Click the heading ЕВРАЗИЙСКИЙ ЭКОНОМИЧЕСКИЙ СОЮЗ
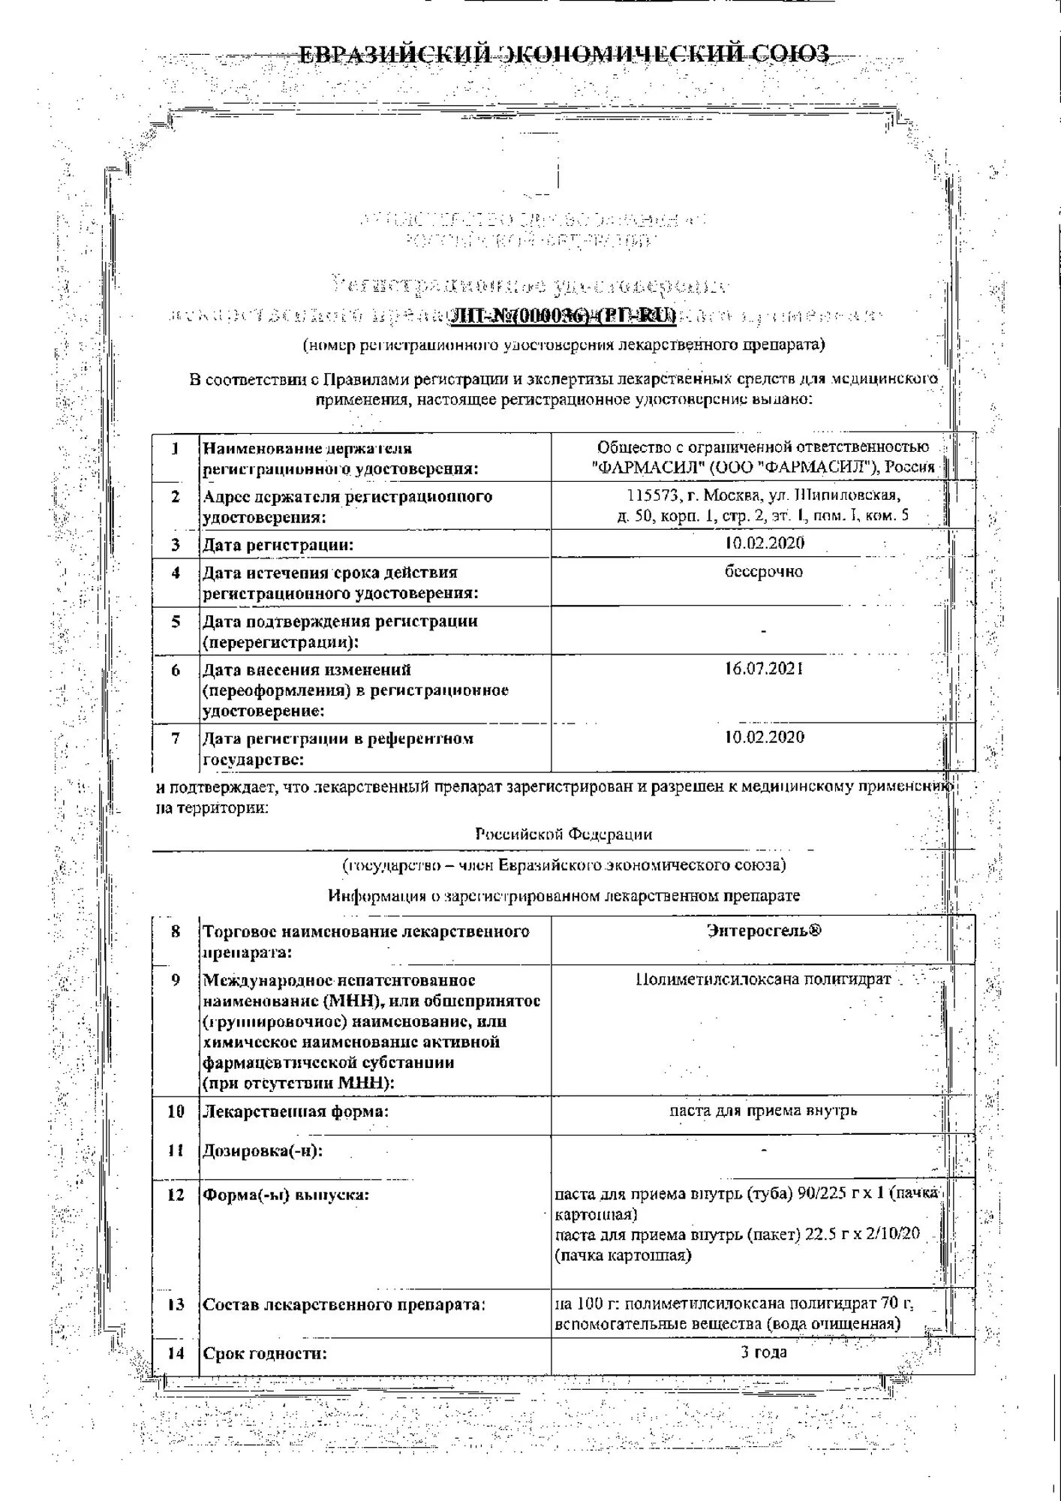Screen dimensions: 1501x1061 click(x=564, y=55)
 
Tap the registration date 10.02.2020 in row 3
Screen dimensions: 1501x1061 click(x=764, y=543)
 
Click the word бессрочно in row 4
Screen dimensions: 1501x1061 click(x=764, y=572)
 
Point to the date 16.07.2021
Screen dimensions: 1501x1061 click(x=764, y=669)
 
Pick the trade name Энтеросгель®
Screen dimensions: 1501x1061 click(x=764, y=931)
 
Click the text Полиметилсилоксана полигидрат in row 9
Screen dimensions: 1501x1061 click(x=763, y=979)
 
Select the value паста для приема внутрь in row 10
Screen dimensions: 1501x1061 click(x=763, y=1110)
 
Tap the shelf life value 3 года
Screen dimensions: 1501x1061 click(x=763, y=1352)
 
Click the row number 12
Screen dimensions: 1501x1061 click(x=176, y=1195)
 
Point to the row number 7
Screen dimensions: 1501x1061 click(x=176, y=738)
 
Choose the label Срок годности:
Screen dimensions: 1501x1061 click(x=265, y=1354)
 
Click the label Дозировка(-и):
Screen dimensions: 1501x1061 click(x=263, y=1151)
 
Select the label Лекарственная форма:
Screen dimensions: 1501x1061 click(x=296, y=1111)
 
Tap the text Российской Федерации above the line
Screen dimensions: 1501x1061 click(x=564, y=834)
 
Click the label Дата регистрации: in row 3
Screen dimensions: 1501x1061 click(x=278, y=545)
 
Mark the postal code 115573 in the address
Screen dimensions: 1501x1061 click(x=652, y=495)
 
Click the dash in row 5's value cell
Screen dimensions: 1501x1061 click(x=763, y=631)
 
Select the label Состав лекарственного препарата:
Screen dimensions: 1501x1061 click(x=344, y=1304)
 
